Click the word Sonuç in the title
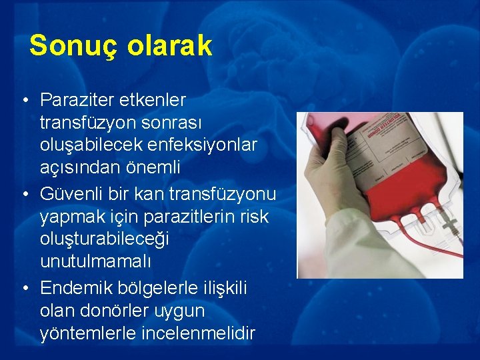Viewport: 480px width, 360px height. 65,46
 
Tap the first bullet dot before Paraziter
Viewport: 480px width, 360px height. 23,100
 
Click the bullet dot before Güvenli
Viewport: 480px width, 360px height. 23,194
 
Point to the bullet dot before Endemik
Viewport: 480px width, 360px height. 23,288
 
